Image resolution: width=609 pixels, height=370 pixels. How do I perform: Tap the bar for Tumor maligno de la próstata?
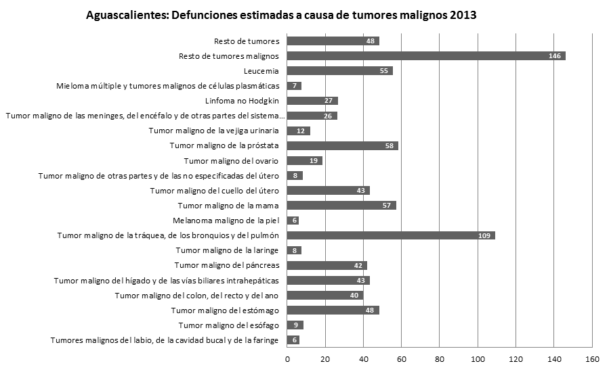point(342,145)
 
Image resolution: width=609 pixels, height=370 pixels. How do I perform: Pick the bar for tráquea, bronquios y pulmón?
point(390,235)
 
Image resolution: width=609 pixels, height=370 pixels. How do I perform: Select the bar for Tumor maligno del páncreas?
point(327,265)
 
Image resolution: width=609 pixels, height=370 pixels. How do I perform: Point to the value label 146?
point(555,56)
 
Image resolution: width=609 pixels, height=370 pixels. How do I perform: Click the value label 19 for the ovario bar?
point(314,161)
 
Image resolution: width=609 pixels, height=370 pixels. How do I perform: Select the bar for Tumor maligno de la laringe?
point(294,250)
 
